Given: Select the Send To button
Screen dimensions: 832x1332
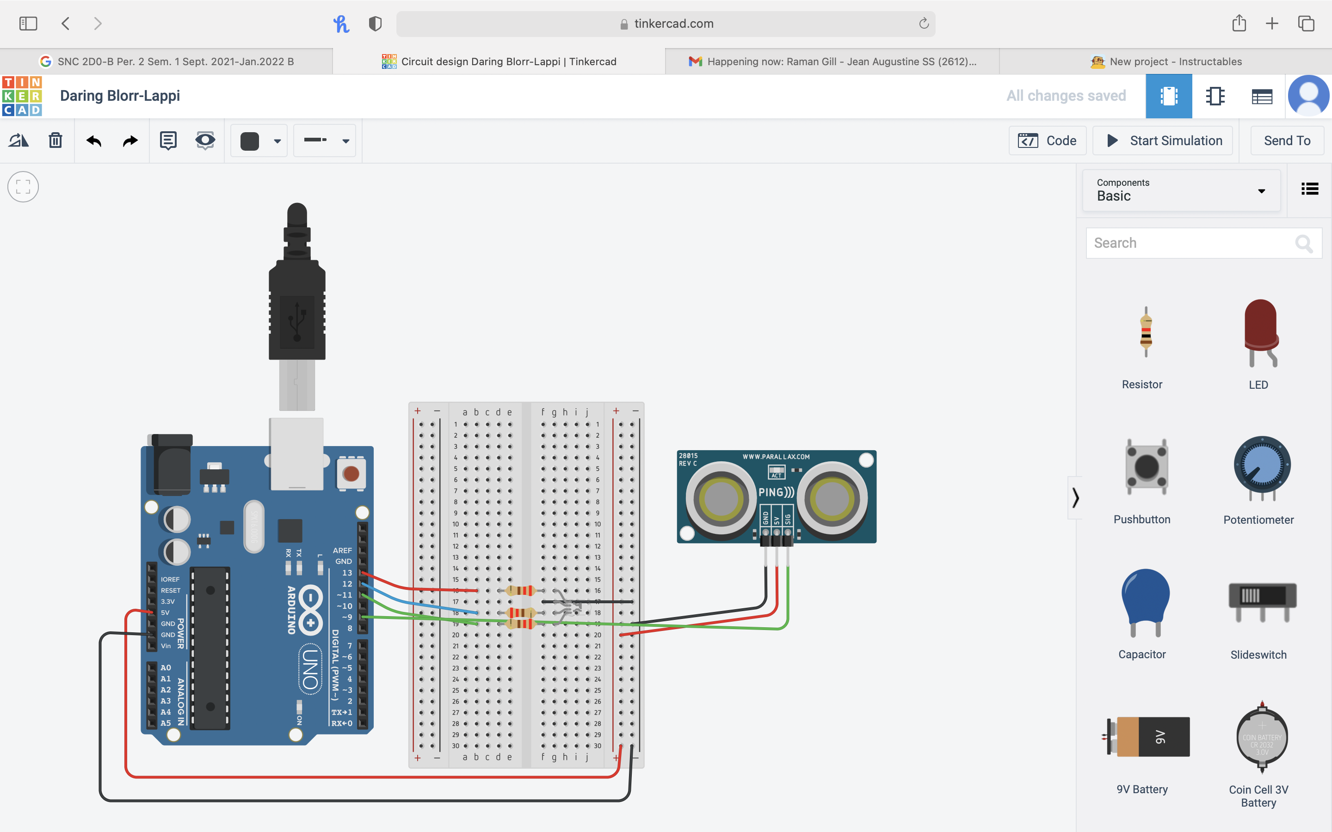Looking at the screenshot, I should tap(1286, 141).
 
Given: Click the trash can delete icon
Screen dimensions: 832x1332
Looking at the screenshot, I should tap(55, 141).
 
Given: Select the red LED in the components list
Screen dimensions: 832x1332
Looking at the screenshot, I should tap(1260, 333).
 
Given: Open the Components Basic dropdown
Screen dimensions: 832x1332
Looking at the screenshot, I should tap(1181, 190).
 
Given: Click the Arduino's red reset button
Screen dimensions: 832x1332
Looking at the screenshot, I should tap(351, 473).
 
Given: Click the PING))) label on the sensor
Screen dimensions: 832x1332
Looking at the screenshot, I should tap(776, 492).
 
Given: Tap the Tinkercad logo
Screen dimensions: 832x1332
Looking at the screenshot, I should tap(22, 96).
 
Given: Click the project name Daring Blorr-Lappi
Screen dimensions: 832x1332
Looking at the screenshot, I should tap(120, 96).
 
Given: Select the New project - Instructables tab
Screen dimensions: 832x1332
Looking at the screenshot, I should tap(1166, 61).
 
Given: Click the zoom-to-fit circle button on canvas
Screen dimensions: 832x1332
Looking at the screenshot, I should tap(23, 187).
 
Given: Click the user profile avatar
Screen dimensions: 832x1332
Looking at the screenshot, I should tap(1308, 96).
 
